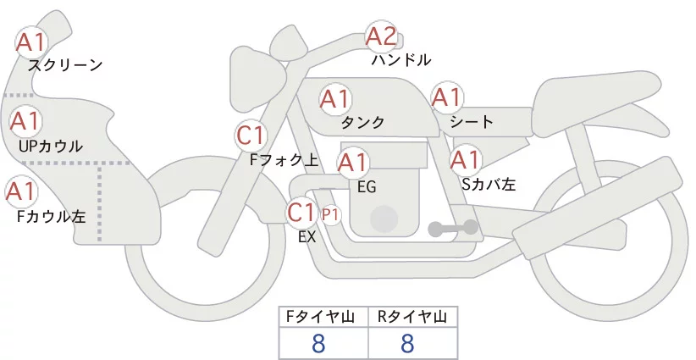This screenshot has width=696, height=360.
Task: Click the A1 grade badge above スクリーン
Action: tap(32, 42)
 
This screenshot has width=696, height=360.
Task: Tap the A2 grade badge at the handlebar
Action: tap(380, 36)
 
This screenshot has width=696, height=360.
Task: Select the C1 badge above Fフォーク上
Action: tap(251, 135)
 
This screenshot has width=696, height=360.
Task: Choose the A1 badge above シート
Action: tap(446, 98)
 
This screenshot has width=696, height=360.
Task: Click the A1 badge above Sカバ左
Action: tap(464, 159)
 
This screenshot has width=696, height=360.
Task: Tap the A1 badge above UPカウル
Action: tap(25, 121)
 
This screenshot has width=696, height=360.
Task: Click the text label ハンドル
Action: tap(401, 60)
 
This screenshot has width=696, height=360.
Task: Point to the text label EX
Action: tap(307, 238)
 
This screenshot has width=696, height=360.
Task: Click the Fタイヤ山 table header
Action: tap(324, 317)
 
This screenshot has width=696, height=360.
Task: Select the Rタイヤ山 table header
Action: tap(412, 317)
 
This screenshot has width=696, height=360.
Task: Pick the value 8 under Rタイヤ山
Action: tap(407, 343)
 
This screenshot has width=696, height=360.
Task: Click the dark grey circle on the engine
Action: tap(384, 219)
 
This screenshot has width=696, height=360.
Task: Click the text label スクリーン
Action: tap(65, 64)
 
